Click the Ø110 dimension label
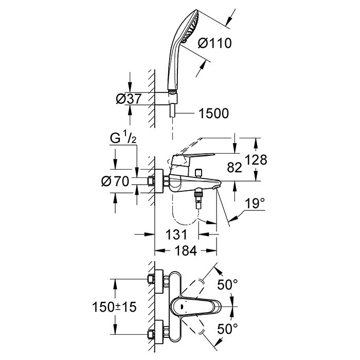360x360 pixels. [215, 43]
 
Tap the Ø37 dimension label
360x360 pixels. [129, 99]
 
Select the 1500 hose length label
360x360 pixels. [214, 114]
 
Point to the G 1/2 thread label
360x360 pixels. [123, 138]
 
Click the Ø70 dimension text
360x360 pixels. [115, 181]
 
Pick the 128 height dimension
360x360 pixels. [256, 159]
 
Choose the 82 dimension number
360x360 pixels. [235, 167]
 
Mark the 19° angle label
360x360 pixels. [255, 203]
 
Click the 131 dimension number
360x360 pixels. [176, 235]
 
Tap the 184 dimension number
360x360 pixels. [186, 250]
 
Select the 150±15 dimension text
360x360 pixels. [114, 307]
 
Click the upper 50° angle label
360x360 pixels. [227, 285]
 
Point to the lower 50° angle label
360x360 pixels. [227, 329]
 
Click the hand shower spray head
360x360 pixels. [190, 27]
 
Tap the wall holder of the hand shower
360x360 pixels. [173, 99]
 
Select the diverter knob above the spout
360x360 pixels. [198, 172]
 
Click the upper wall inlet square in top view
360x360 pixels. [151, 279]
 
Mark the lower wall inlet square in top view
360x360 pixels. [151, 334]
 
